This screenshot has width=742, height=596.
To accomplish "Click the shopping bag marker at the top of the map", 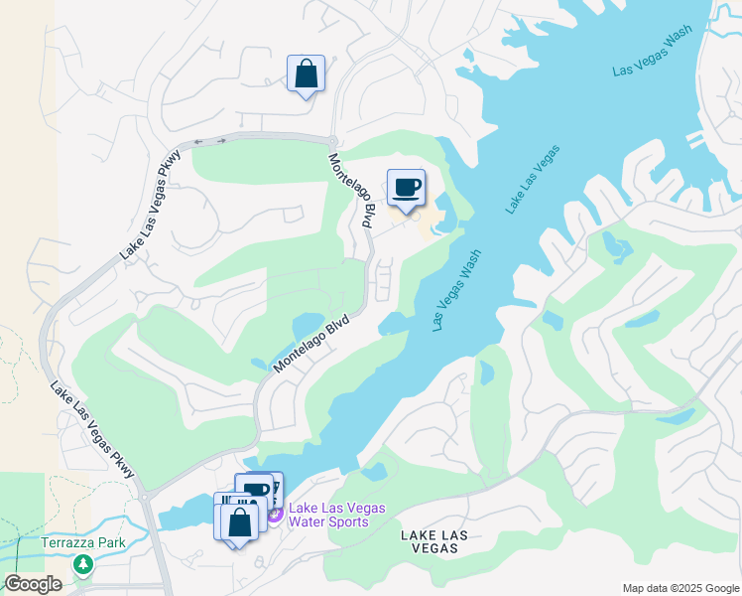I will tap(306, 74).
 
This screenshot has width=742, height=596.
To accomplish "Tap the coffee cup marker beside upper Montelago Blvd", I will tap(406, 187).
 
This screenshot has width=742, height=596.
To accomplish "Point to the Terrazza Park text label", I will tap(83, 543).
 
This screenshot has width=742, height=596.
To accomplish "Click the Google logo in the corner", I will tap(33, 584).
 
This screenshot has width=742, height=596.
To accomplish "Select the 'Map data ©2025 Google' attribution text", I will tap(680, 588).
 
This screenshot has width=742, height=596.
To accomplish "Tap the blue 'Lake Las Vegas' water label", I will tap(533, 179).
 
